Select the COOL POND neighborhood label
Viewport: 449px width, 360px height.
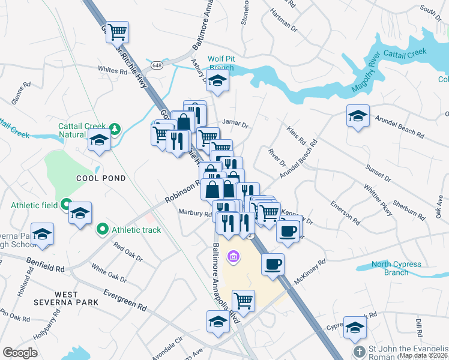pos(101,178)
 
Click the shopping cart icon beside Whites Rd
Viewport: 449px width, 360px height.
pos(118,31)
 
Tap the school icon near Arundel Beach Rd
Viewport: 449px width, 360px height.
pos(358,115)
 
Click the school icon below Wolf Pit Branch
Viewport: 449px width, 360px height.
pos(217,82)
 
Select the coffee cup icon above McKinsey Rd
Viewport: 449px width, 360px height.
pos(273,263)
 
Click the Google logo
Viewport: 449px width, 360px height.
pos(20,353)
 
